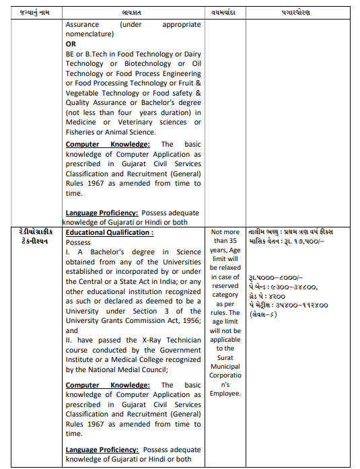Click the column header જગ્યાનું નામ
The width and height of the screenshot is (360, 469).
click(34, 13)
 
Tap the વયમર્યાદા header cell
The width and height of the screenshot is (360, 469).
click(225, 13)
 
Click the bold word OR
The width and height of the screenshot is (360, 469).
click(71, 44)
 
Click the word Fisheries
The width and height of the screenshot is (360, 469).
click(81, 132)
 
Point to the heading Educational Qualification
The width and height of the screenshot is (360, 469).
click(109, 232)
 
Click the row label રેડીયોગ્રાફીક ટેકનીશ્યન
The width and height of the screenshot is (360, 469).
click(34, 237)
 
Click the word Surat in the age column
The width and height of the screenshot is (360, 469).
click(225, 357)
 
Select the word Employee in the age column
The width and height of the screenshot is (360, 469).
click(225, 392)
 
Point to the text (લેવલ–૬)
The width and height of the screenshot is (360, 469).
click(262, 314)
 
